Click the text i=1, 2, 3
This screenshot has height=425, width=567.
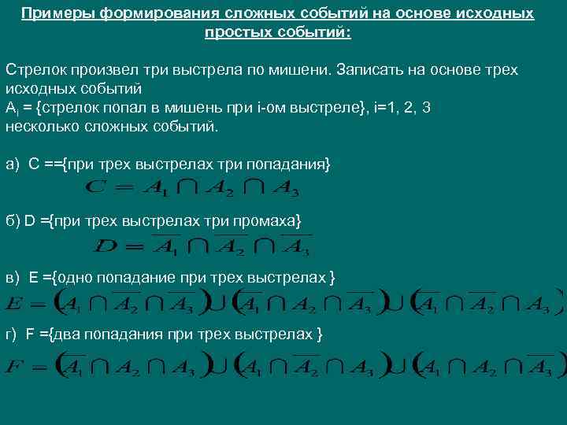pyautogui.click(x=402, y=108)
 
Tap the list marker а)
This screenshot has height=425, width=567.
pyautogui.click(x=12, y=164)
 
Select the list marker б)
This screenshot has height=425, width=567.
pyautogui.click(x=12, y=221)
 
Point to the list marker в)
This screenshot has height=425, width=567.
pyautogui.click(x=12, y=278)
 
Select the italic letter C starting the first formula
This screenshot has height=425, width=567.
pyautogui.click(x=92, y=187)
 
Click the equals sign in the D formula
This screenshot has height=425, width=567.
pyautogui.click(x=133, y=247)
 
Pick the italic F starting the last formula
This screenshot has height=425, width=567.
pyautogui.click(x=13, y=366)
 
